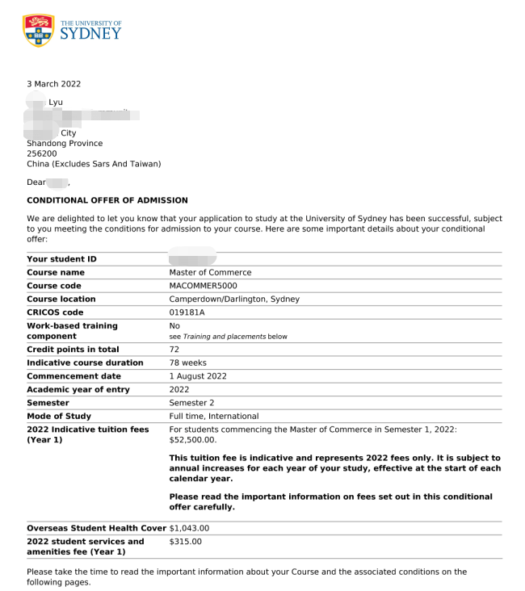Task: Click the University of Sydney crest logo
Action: click(38, 30)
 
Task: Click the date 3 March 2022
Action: click(54, 84)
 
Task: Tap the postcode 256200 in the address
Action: click(42, 153)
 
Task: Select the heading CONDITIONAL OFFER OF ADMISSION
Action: click(107, 200)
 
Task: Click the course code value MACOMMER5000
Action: click(203, 286)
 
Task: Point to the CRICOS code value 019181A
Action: click(187, 312)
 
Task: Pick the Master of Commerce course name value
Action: click(210, 273)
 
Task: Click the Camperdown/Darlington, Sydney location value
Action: click(234, 299)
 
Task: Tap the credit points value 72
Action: click(174, 350)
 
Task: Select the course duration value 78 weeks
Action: click(187, 363)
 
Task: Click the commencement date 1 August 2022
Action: click(198, 376)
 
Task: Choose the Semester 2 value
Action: click(191, 402)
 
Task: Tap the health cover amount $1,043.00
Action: click(189, 528)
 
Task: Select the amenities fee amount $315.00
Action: click(185, 541)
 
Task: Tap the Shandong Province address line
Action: click(65, 143)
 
